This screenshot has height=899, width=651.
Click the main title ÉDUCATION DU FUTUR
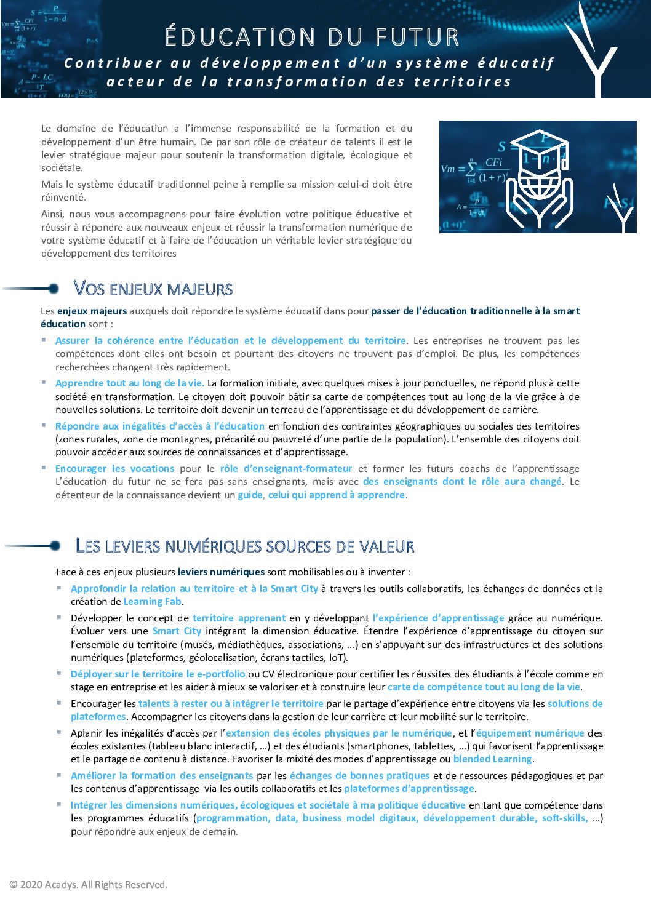(312, 37)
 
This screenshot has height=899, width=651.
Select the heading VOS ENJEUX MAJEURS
(153, 289)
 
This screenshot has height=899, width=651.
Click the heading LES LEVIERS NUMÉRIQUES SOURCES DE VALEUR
(244, 546)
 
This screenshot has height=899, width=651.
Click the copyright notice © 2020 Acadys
(89, 884)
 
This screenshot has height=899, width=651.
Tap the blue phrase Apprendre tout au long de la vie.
(129, 383)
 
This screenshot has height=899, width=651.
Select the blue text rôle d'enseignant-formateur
(286, 468)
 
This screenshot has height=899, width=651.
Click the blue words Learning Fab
(153, 602)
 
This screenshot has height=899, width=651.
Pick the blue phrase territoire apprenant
(239, 618)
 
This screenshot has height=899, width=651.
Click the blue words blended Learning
(492, 759)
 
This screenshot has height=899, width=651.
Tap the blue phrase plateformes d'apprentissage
(409, 789)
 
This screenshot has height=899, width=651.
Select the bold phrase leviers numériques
(221, 572)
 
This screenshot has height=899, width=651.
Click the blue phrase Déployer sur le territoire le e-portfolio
(158, 674)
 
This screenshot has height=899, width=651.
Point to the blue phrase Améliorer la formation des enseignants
(162, 775)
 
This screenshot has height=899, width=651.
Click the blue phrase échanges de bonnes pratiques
(359, 775)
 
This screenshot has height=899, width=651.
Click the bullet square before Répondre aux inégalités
(44, 425)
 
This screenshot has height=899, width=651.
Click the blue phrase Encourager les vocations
(114, 468)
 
